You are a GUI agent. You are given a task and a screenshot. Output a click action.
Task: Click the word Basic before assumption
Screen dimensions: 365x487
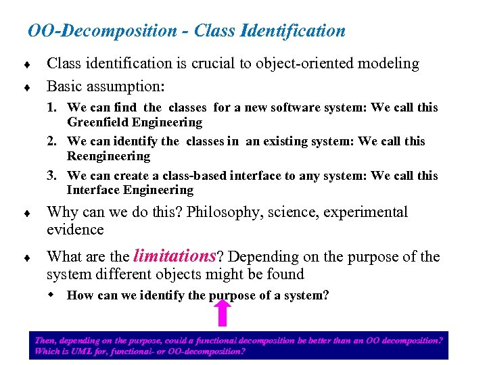click(x=64, y=87)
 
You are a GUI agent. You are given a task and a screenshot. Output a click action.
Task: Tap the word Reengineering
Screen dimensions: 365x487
click(x=108, y=156)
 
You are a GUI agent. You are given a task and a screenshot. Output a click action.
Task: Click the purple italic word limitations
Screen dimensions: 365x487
click(x=174, y=256)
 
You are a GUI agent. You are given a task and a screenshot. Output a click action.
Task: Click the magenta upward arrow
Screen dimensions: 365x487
click(x=224, y=313)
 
